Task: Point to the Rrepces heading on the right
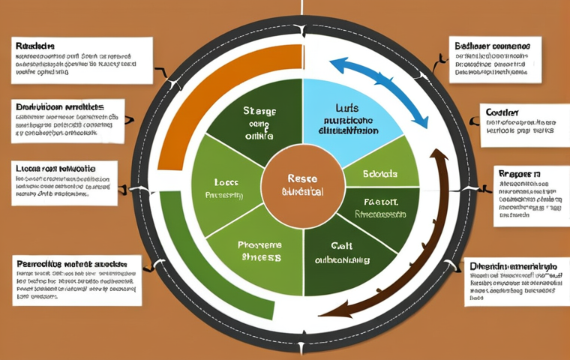[x=518, y=174]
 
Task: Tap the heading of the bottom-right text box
[x=514, y=266]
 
